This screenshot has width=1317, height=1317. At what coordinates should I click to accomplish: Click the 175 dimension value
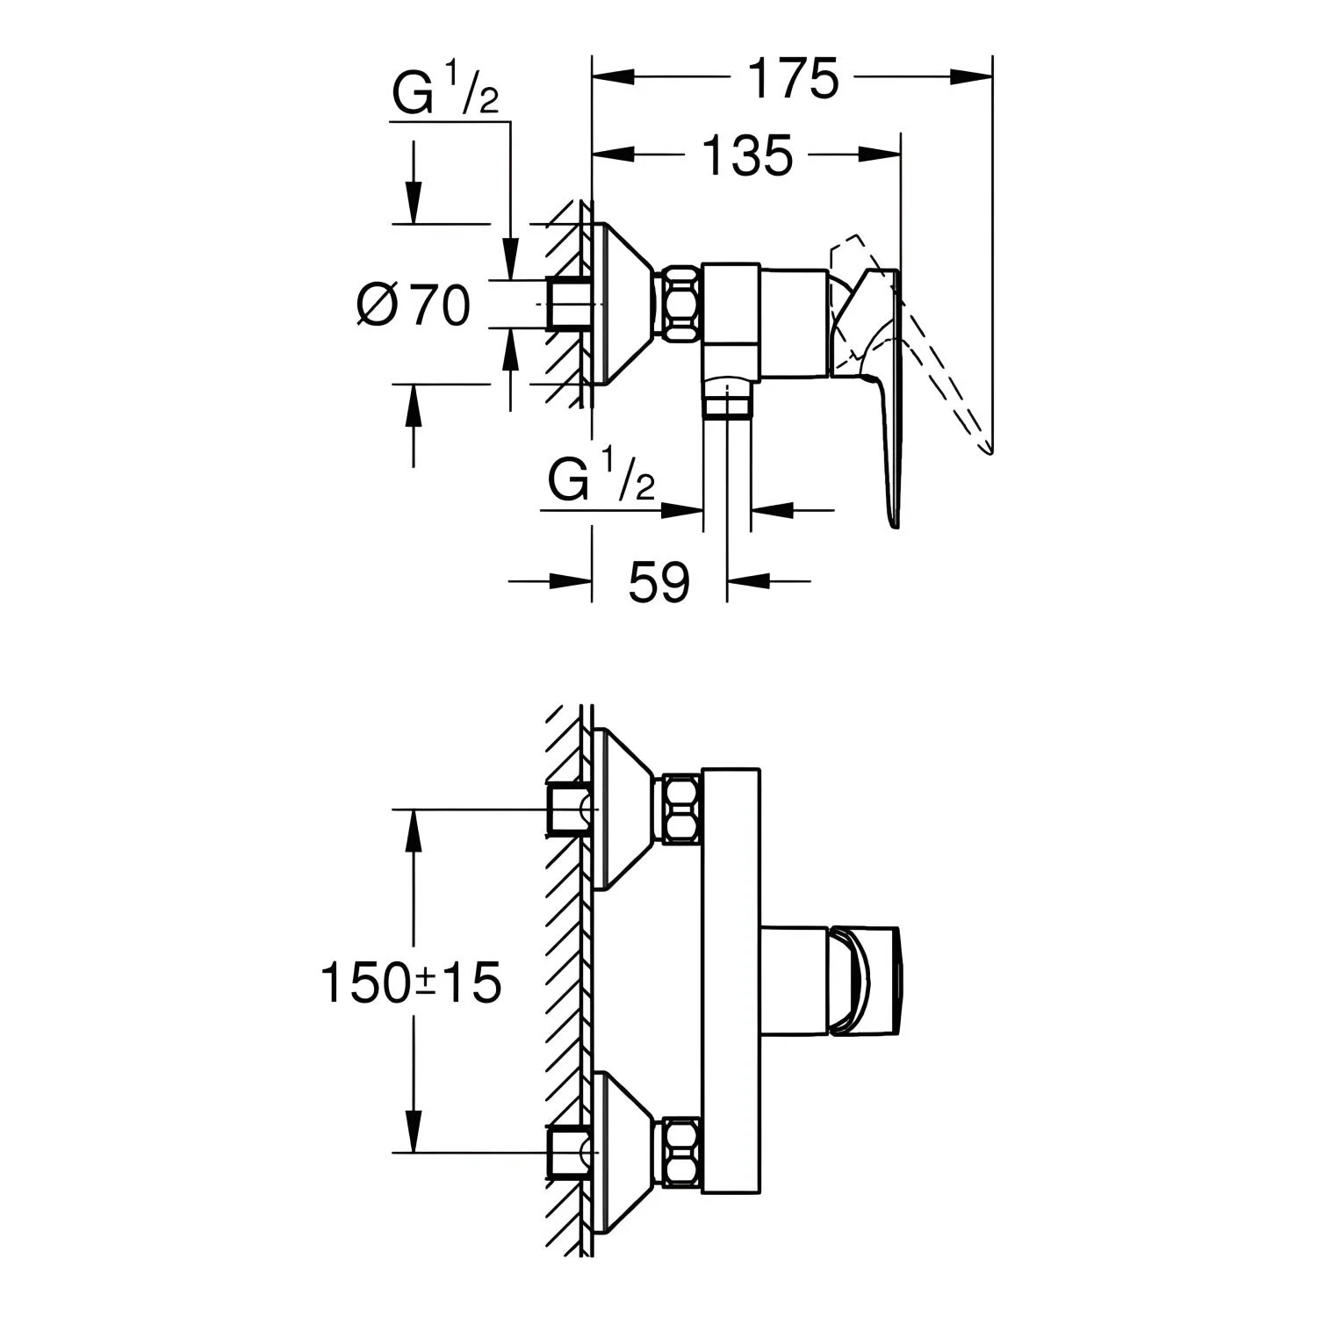coord(794,78)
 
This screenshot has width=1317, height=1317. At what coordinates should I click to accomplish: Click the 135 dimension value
coord(747,155)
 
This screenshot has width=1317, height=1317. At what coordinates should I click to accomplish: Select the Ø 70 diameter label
coord(414,305)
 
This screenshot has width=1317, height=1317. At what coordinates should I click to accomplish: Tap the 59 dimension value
coord(659,580)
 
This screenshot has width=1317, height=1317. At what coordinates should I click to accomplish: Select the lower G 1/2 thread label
coord(601,481)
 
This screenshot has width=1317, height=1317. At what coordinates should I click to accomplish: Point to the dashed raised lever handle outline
coord(913,342)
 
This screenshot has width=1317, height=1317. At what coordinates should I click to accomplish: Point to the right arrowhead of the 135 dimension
coord(881,155)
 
